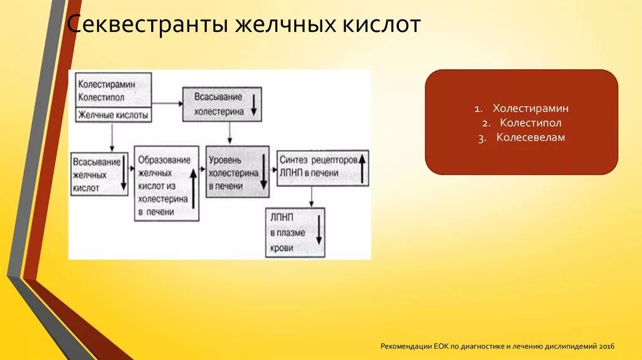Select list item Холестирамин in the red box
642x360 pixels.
pos(530,109)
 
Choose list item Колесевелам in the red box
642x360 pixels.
pos(530,137)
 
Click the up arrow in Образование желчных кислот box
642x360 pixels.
pos(192,187)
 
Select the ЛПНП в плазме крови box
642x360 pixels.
pos(295,233)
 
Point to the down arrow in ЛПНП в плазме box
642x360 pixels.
pos(318,233)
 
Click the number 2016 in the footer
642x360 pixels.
pos(607,346)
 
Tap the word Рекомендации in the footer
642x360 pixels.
pos(407,346)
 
